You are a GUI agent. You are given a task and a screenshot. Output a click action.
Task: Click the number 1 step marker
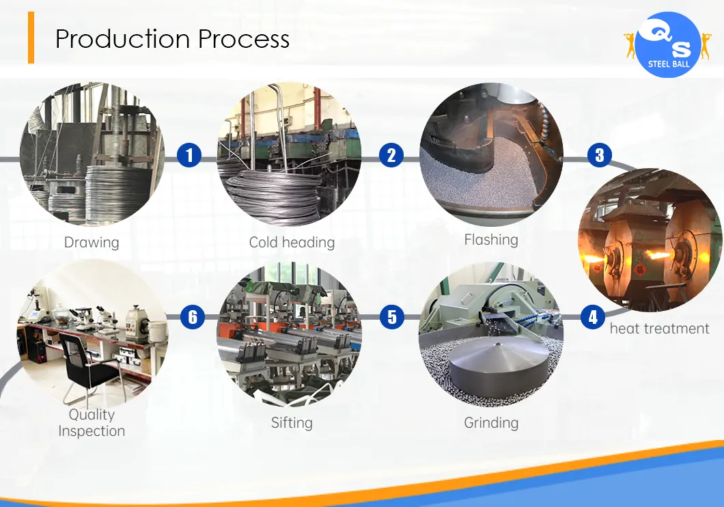pos(189,156)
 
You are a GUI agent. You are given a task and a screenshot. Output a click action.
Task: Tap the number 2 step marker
pos(391,156)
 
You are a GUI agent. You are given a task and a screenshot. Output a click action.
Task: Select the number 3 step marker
pos(599,155)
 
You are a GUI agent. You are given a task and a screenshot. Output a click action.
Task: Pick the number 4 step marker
pos(593,317)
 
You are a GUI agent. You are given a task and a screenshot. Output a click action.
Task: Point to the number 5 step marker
pos(392,318)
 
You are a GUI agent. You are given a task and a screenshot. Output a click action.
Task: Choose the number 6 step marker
pos(193,317)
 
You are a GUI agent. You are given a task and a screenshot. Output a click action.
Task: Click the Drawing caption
pos(92,243)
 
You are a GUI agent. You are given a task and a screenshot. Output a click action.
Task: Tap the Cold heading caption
pos(292,243)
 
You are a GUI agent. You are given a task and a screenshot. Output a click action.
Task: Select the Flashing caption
pos(491,240)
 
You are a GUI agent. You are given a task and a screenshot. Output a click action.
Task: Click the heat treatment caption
pos(659,329)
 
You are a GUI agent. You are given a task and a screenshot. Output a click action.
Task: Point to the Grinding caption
pos(491,423)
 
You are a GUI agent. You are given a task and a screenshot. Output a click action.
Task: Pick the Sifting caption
pos(292,423)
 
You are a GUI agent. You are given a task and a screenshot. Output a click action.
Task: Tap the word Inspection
pos(92,431)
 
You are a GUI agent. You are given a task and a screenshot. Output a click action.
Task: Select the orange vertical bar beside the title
pos(31,38)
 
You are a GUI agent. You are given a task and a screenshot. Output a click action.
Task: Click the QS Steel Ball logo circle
pos(667,44)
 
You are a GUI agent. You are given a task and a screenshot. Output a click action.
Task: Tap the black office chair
pos(85,366)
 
